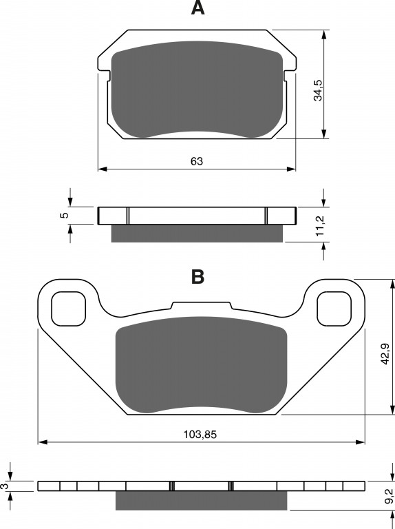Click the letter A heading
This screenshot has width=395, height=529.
point(197,8)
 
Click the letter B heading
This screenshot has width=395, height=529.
point(197,277)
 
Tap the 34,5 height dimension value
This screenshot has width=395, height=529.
point(318,90)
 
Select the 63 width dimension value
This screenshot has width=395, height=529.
point(197,161)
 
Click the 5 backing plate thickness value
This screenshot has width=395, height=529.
point(65,215)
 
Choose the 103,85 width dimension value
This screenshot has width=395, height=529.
point(200,434)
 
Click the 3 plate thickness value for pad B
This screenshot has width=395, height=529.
point(5,486)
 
